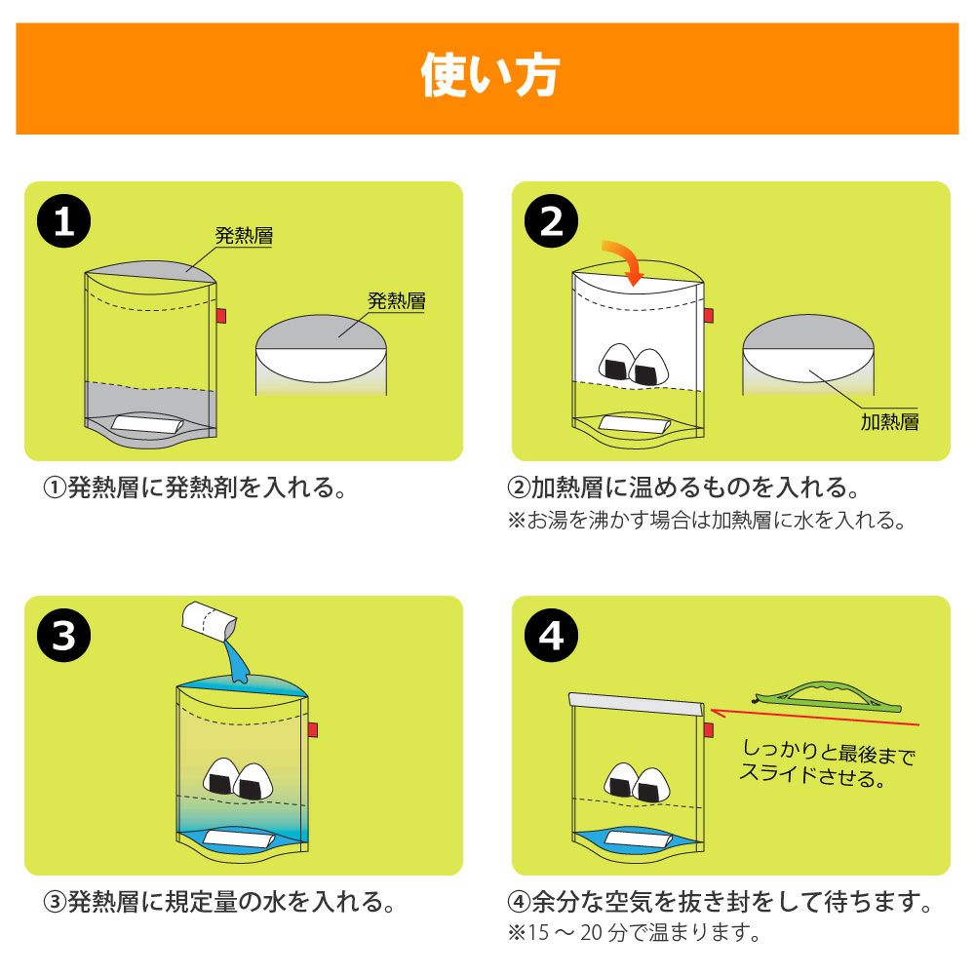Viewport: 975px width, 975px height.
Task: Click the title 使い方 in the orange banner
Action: [490, 76]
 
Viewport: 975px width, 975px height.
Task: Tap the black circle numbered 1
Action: [64, 220]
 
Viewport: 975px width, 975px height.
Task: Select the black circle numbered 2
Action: [552, 220]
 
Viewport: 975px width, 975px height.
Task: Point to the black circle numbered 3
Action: [64, 636]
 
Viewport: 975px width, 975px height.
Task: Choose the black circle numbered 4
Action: [552, 636]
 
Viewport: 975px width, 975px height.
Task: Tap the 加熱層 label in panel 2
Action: [889, 422]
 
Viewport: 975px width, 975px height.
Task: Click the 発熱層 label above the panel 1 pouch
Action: [244, 236]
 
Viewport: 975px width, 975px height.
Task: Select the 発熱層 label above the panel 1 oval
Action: [397, 301]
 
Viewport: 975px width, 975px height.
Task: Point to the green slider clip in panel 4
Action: [827, 697]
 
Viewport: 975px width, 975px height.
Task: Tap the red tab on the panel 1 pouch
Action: [220, 316]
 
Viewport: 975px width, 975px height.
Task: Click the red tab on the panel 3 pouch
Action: [313, 729]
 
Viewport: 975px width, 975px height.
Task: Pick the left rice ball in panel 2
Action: [616, 362]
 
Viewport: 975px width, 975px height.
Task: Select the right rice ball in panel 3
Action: [253, 782]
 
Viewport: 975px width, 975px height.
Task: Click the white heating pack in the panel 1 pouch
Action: [147, 425]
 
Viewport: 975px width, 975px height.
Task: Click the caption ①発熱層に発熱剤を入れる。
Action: [194, 487]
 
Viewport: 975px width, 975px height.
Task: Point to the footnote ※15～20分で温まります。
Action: [634, 933]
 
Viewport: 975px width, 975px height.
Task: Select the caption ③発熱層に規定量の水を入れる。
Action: [218, 902]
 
